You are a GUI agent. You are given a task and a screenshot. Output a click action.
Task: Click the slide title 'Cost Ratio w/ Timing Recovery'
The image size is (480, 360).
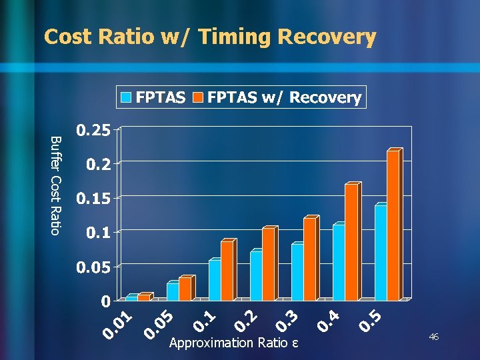210,37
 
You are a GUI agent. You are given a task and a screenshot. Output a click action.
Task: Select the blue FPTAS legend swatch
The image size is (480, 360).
126,98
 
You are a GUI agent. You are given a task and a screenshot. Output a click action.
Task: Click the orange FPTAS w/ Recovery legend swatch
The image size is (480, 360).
198,98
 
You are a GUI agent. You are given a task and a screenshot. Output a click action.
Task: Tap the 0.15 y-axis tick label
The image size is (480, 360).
93,199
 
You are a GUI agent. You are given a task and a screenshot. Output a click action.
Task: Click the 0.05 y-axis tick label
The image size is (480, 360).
93,267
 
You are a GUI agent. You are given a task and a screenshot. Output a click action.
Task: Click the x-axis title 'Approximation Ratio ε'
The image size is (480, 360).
233,343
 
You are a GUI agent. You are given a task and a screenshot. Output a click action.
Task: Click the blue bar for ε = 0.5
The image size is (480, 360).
380,253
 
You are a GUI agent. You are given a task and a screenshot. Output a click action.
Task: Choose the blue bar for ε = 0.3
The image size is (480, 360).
297,272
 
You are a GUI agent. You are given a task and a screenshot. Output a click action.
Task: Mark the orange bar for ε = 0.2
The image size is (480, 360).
268,264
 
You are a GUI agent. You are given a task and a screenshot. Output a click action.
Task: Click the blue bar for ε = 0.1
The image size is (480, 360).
214,280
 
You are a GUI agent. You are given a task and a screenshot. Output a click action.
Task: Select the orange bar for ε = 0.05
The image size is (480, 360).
185,289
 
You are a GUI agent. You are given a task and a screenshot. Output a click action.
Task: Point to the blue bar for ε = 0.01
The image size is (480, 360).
131,298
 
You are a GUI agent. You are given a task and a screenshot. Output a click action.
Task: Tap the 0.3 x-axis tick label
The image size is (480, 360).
286,318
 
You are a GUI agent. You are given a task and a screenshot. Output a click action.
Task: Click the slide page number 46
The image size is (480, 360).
433,338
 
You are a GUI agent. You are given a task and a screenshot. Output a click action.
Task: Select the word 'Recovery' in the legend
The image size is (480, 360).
325,98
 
